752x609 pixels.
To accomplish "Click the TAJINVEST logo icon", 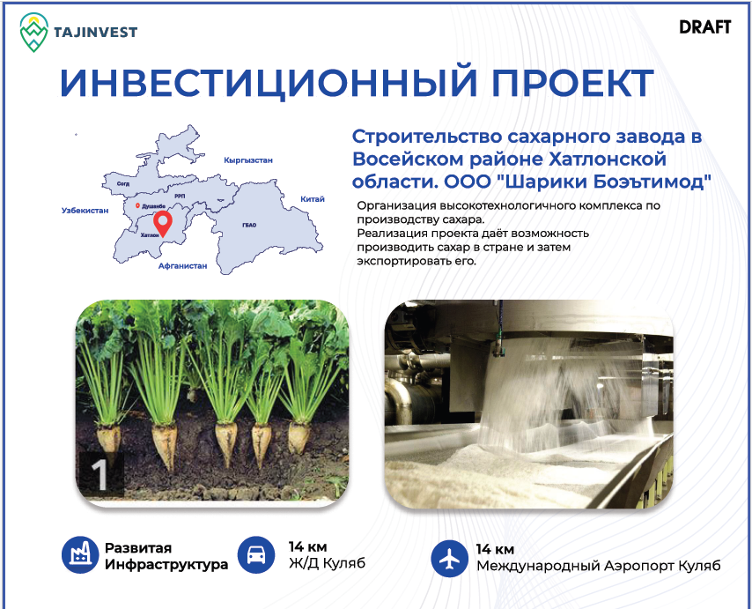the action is (x=33, y=32).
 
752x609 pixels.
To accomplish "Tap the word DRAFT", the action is (x=705, y=26).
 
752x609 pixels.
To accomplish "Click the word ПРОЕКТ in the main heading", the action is (x=572, y=83).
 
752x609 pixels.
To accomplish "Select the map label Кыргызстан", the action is (x=248, y=160).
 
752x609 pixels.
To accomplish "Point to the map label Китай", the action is (x=313, y=199).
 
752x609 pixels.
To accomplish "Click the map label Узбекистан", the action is (x=85, y=211).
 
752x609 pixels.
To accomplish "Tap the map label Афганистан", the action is (x=183, y=265).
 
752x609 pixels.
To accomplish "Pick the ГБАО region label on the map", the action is (x=249, y=225).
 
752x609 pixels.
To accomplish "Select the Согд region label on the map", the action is (x=122, y=184).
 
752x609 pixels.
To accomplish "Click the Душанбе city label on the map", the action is (x=153, y=206).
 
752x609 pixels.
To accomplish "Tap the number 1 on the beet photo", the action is (x=100, y=475).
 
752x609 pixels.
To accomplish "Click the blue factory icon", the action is (x=80, y=554).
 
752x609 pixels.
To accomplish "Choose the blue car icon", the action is (x=256, y=554).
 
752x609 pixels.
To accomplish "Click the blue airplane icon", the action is (x=449, y=558).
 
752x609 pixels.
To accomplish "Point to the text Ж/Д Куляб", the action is (x=327, y=562).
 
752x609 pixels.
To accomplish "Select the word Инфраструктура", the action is (x=166, y=564).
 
